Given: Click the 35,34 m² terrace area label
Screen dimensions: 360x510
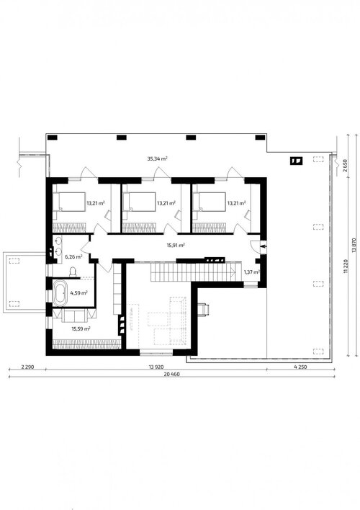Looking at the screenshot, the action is point(158,158).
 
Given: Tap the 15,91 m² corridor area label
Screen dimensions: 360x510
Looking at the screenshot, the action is point(176,245).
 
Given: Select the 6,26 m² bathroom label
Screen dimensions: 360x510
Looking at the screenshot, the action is point(73,256).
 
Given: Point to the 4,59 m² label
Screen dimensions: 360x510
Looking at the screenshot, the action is point(79,292).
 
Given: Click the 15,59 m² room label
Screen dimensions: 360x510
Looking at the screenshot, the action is point(81,328).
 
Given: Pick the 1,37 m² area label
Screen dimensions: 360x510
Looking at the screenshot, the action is point(252,272).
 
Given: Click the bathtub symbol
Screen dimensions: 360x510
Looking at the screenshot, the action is point(60,293).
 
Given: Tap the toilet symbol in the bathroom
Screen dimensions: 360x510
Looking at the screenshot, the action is point(73,272).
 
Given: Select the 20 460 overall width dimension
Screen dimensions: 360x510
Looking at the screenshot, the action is point(171,374).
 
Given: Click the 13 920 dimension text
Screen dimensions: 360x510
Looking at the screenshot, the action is point(156,367).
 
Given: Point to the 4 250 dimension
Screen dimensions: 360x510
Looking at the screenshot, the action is point(300,367).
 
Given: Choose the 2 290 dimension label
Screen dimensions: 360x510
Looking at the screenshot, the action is point(27,367).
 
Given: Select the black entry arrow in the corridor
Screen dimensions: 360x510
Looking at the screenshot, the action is point(264,246).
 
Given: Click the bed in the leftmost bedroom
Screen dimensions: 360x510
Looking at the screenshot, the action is point(69,202).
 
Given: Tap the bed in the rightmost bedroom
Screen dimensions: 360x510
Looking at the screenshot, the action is point(209,202).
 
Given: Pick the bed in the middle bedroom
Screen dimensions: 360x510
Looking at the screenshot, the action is point(139,202).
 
